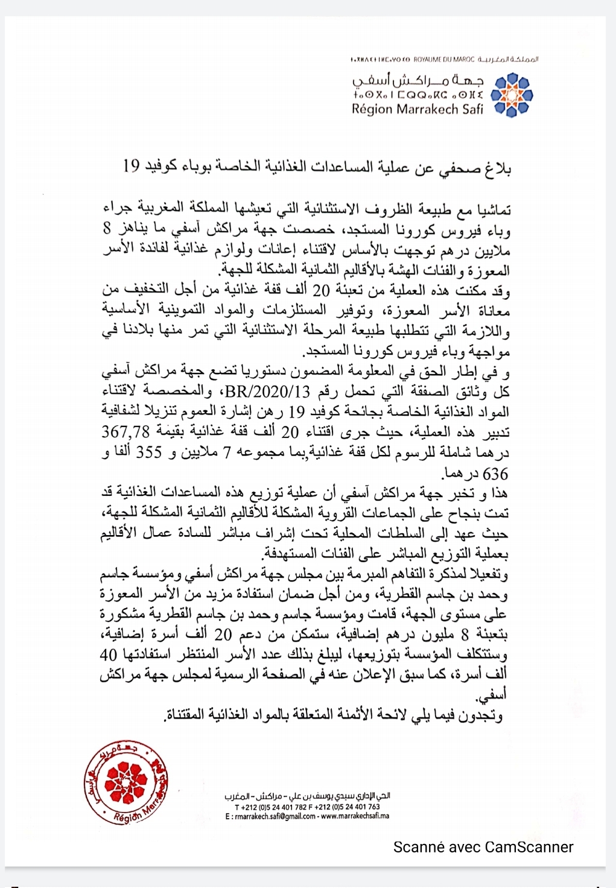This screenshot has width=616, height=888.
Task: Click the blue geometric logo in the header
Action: click(511, 95)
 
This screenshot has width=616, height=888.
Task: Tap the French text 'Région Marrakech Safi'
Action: click(418, 109)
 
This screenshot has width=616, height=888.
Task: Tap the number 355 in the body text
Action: click(148, 452)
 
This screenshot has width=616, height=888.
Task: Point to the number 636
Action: click(495, 474)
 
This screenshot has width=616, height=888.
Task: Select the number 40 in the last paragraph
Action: click(108, 655)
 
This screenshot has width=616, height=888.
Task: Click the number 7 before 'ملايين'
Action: click(227, 452)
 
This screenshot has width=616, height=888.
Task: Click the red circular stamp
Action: click(127, 784)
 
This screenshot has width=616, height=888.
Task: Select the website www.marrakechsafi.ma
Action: click(355, 816)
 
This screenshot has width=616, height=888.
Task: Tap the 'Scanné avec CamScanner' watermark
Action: click(483, 847)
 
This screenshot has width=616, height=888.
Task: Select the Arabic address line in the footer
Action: click(307, 796)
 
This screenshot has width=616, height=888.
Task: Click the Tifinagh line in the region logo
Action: click(418, 95)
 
